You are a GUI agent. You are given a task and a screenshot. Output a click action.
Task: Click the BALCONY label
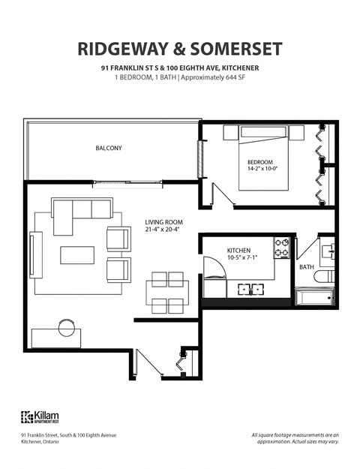108,148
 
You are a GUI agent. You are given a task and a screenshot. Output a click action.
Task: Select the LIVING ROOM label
163,222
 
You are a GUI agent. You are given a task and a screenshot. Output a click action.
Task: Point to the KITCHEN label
238,250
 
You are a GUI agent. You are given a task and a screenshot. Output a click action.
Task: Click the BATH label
306,266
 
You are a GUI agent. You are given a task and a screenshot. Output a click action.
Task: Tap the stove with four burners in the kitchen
282,248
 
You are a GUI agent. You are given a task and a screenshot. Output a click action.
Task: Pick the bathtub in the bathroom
313,299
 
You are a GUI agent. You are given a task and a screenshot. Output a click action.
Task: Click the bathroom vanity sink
328,251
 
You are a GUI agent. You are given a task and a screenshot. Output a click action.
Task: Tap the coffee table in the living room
78,255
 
